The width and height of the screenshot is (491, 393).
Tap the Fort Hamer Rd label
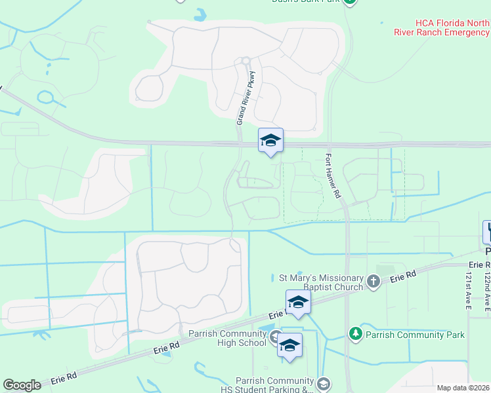pos(334,176)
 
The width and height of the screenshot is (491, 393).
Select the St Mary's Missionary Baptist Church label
pos(318,282)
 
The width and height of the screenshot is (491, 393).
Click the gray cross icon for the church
pos(374,282)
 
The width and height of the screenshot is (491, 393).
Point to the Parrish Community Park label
pos(415,335)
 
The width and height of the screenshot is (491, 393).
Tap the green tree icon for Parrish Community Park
pos(355,335)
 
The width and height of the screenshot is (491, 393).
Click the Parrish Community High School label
pos(227,338)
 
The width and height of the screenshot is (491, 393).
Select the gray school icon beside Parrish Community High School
pos(275,338)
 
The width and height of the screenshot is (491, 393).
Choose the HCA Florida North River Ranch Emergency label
pos(441,27)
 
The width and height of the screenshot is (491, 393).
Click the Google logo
pos(22,385)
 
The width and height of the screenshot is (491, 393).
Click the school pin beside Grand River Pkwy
pos(270,140)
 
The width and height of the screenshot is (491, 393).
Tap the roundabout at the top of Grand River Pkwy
pos(246,61)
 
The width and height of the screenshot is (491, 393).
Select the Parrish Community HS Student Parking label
pos(275,385)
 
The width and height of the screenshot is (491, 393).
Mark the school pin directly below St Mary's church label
pos(298,303)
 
